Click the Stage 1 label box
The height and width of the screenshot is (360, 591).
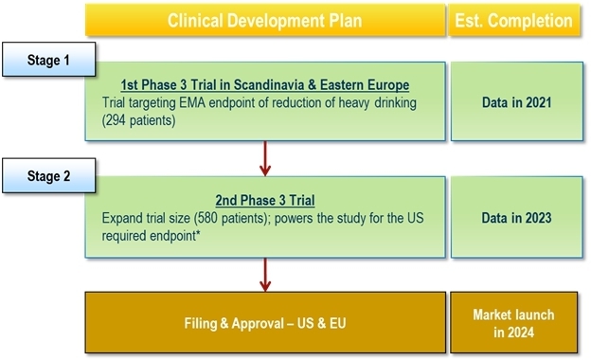click(x=48, y=60)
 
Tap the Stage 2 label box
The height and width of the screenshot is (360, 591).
click(x=48, y=175)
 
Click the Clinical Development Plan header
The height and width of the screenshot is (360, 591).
click(x=265, y=20)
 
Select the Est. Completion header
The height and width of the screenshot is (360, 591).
click(x=513, y=20)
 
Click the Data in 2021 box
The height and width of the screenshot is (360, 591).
click(x=517, y=101)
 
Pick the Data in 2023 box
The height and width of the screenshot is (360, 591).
click(x=517, y=218)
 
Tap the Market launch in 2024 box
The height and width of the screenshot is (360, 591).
click(x=513, y=323)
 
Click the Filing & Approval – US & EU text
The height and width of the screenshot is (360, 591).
click(x=265, y=323)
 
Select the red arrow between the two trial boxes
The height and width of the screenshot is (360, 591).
click(x=265, y=159)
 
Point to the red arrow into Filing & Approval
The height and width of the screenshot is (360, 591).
click(x=265, y=275)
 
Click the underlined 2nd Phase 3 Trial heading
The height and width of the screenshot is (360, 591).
click(x=265, y=200)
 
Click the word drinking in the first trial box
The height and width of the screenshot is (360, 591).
click(x=395, y=103)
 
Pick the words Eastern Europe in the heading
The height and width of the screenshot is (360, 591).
click(x=365, y=85)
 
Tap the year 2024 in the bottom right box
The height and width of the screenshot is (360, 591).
click(x=521, y=333)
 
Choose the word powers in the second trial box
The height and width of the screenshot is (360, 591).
click(x=294, y=219)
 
